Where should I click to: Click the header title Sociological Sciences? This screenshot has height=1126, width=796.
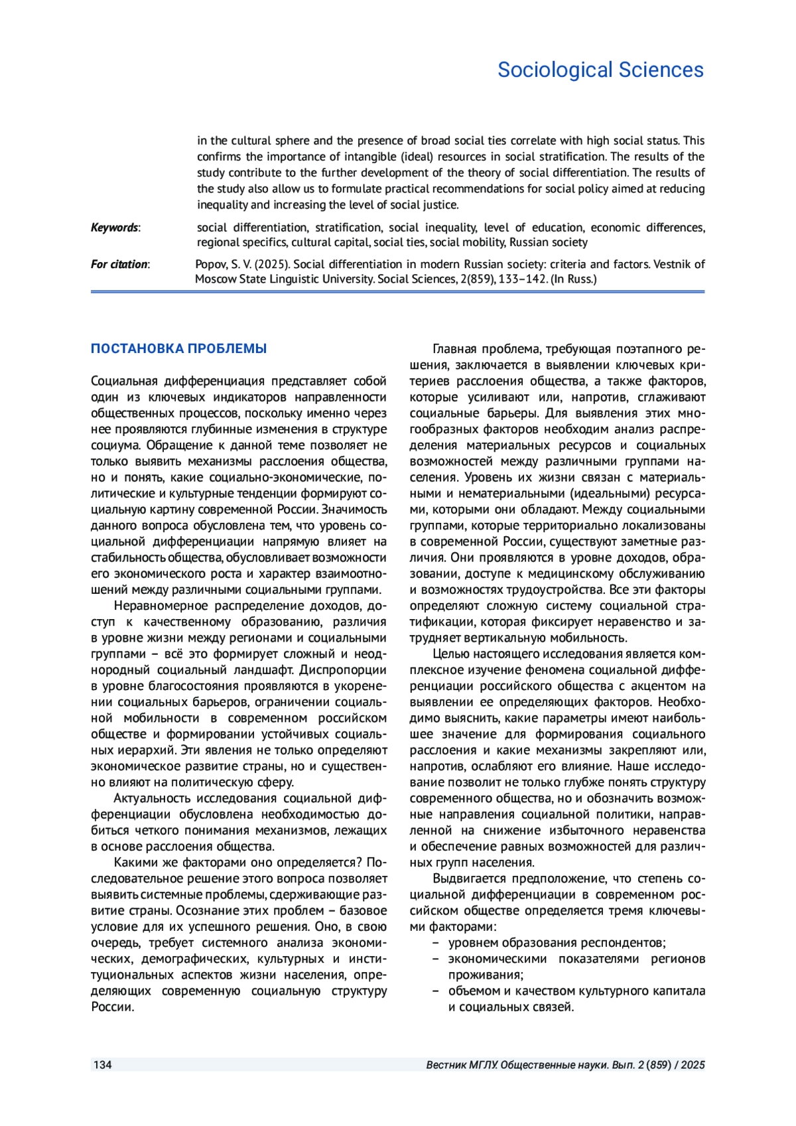pyautogui.click(x=600, y=70)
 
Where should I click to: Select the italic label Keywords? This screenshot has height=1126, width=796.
pyautogui.click(x=114, y=228)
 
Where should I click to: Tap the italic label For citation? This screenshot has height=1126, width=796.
pyautogui.click(x=119, y=264)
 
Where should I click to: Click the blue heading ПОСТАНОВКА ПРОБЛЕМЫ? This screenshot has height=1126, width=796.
pyautogui.click(x=178, y=348)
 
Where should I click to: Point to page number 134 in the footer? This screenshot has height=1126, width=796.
pyautogui.click(x=102, y=1065)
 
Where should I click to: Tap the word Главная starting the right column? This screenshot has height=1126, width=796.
pyautogui.click(x=454, y=349)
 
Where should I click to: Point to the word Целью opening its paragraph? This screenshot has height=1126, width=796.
pyautogui.click(x=449, y=654)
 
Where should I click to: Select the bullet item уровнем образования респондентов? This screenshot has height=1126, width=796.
pyautogui.click(x=557, y=943)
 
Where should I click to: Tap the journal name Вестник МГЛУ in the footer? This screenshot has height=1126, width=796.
pyautogui.click(x=461, y=1065)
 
